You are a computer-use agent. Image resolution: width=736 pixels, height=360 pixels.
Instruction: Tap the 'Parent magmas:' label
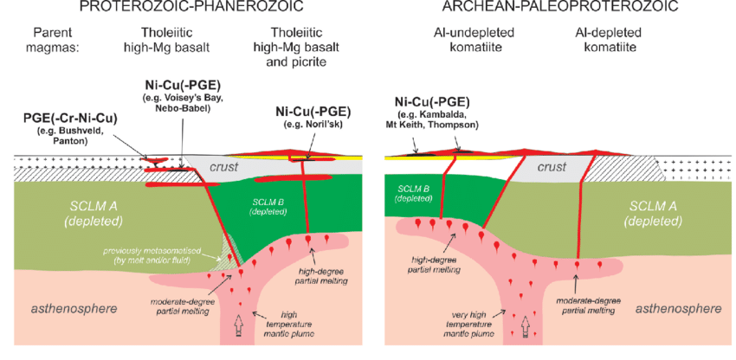pos(50,42)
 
